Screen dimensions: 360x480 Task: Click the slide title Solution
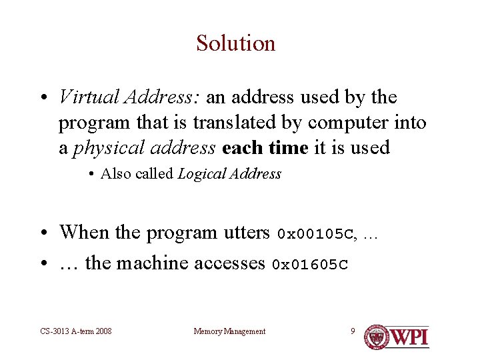(235, 43)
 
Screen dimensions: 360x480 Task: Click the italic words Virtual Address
(127, 97)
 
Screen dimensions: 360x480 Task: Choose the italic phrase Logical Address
(229, 174)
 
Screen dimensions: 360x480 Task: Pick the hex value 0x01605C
(310, 265)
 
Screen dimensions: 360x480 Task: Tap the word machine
(153, 263)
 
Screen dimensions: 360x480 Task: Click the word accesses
(229, 263)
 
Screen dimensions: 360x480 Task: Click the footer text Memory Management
(229, 331)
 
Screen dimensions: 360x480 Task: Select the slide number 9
(353, 331)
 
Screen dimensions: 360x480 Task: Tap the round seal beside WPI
(377, 337)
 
